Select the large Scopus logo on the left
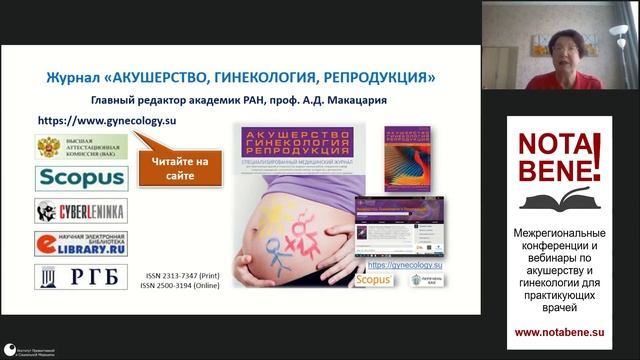click(81, 179)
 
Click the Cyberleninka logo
click(81, 211)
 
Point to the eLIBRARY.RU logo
click(81, 243)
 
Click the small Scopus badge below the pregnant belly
click(369, 282)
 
